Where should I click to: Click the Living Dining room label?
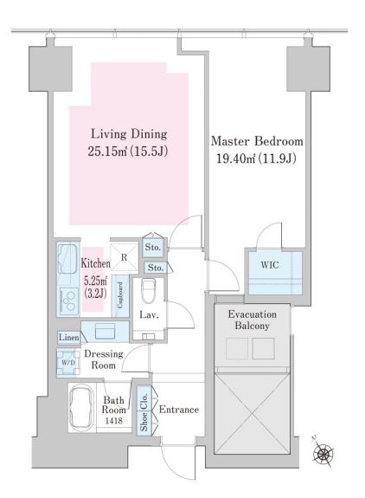pyautogui.click(x=129, y=135)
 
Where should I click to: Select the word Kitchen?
pyautogui.click(x=95, y=262)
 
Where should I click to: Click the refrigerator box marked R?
pyautogui.click(x=125, y=256)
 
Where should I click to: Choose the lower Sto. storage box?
pyautogui.click(x=154, y=269)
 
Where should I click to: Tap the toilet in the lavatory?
pyautogui.click(x=150, y=289)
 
